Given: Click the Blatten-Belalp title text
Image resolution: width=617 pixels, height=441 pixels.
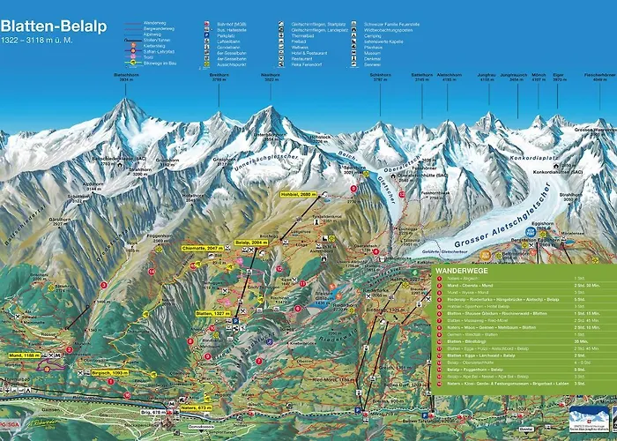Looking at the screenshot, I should click(54, 26).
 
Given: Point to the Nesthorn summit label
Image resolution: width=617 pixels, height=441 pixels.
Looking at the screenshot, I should click(271, 75).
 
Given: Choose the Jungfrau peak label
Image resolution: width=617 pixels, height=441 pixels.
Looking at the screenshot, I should click(486, 77).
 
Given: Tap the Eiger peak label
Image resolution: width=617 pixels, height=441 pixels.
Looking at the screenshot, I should click(559, 77).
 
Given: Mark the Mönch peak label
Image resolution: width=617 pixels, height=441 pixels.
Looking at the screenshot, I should click(539, 77).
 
